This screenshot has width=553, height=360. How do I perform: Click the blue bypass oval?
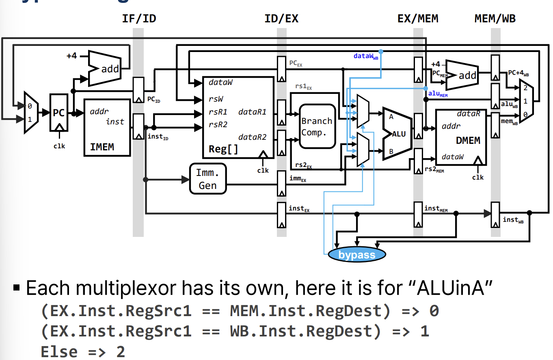click(x=357, y=255)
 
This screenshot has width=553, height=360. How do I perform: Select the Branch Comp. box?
click(x=317, y=126)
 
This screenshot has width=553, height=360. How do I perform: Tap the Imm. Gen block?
click(x=207, y=179)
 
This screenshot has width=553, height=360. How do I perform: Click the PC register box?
click(x=59, y=113)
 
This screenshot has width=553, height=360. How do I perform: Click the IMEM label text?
click(x=102, y=147)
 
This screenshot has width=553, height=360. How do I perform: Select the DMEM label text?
click(x=468, y=141)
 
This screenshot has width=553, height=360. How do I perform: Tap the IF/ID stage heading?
click(x=139, y=19)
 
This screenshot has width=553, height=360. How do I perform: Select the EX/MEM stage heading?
click(x=418, y=19)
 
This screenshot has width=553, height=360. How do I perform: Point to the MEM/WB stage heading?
click(x=495, y=19)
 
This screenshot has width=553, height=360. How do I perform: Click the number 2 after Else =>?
click(x=121, y=351)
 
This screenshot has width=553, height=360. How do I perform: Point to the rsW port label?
click(x=216, y=99)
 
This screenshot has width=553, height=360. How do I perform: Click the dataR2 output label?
click(x=252, y=137)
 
